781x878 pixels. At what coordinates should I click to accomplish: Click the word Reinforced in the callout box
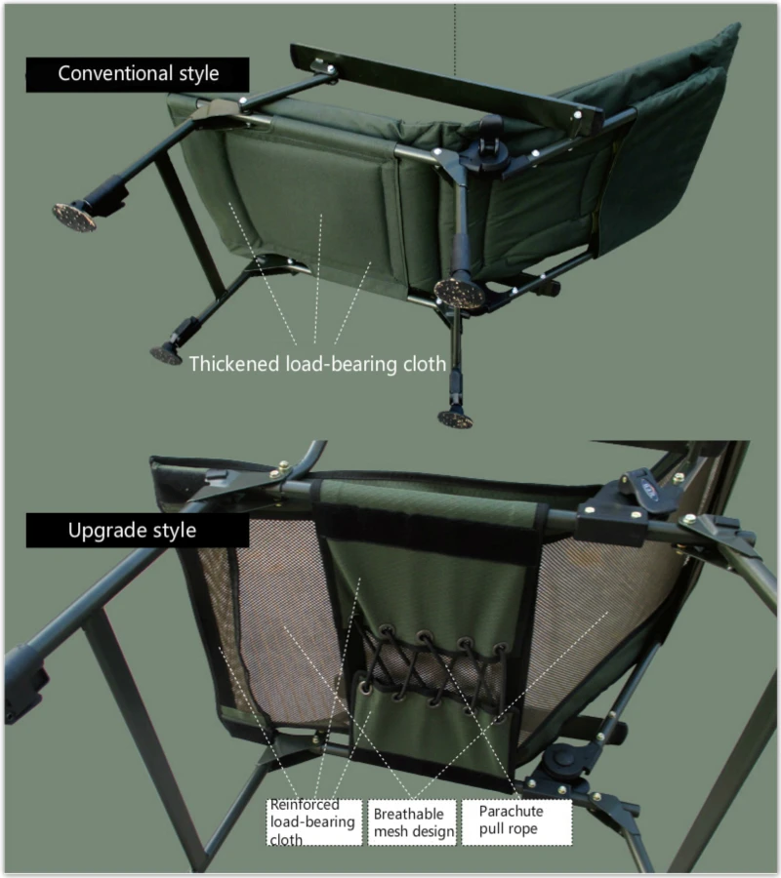point(304,805)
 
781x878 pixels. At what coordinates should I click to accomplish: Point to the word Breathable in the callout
point(408,814)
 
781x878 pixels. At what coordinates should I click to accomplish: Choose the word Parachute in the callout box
point(511,811)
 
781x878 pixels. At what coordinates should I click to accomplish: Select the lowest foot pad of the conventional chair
point(455,419)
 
